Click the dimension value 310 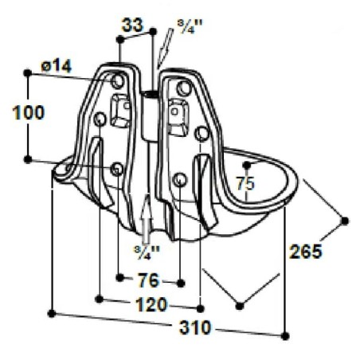coord(195,327)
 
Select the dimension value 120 coord(151,304)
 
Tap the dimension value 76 coord(149,280)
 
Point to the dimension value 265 coord(306,251)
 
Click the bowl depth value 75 coord(245,184)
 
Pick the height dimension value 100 coord(29,112)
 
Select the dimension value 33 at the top coord(132,25)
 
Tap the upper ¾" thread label coord(190,26)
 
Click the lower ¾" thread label coord(147,252)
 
